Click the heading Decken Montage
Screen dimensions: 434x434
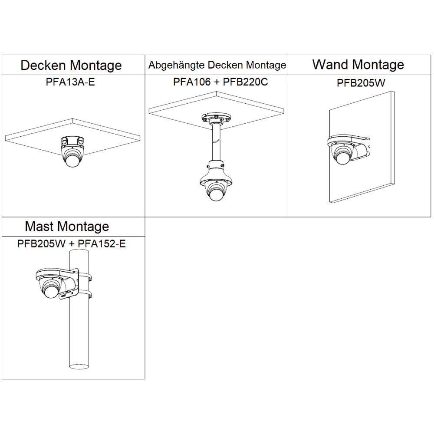tap(71, 66)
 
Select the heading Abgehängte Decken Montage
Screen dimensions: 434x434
tap(217, 65)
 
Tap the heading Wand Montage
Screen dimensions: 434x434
tap(358, 65)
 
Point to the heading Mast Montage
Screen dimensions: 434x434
tap(67, 226)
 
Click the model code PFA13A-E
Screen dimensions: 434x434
tap(70, 81)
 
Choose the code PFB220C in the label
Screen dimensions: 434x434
tap(246, 81)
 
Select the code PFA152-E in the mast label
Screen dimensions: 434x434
tap(102, 243)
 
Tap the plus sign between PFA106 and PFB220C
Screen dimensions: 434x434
tap(217, 82)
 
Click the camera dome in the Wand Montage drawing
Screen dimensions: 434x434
tap(342, 157)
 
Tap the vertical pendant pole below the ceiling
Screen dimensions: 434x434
tap(216, 143)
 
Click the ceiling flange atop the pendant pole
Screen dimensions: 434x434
tap(215, 118)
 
